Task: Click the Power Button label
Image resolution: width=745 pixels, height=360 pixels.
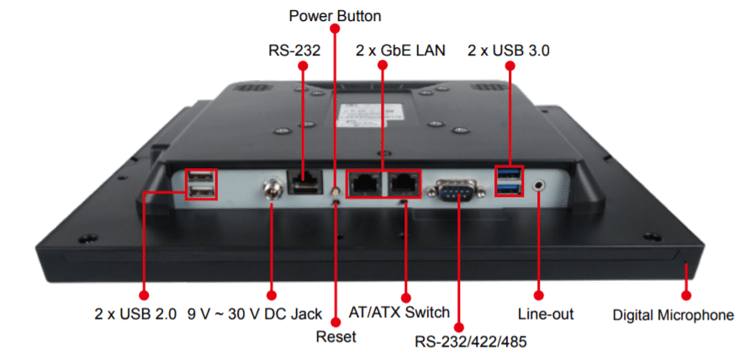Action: (335, 16)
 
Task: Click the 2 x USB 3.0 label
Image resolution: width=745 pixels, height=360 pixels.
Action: (509, 50)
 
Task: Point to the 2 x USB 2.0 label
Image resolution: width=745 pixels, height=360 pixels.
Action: (135, 315)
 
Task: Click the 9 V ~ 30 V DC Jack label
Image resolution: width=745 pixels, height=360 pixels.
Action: (255, 315)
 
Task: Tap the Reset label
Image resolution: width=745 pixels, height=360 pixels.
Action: (336, 336)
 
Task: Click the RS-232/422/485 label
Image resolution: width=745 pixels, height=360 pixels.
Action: (471, 341)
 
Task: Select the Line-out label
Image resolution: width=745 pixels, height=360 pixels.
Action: (546, 315)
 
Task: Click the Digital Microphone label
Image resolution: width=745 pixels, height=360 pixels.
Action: (673, 315)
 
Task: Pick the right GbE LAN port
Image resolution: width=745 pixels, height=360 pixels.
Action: (404, 183)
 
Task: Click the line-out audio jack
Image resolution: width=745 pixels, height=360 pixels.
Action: (539, 183)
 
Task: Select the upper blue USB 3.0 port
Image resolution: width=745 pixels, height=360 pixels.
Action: (510, 174)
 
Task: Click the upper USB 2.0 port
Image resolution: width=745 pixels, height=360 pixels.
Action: (200, 177)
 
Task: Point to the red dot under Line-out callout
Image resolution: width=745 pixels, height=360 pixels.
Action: (539, 295)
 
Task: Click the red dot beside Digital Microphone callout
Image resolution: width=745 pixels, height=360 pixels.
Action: (686, 295)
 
